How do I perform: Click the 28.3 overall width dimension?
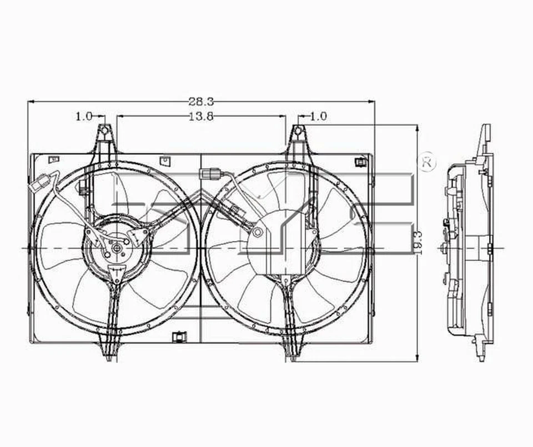coord(201,101)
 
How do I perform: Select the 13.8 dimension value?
coord(201,116)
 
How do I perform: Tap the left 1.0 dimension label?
coord(84,116)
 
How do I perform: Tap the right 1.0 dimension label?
coord(318,116)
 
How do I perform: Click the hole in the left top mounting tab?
coord(104,131)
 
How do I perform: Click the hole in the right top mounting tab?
coord(298,131)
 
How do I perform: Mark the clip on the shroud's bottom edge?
coord(179,336)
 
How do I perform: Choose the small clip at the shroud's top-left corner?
coord(54,160)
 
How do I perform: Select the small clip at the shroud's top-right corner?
coord(360,162)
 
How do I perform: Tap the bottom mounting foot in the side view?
coord(480,349)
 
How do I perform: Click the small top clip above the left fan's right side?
coord(164,161)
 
